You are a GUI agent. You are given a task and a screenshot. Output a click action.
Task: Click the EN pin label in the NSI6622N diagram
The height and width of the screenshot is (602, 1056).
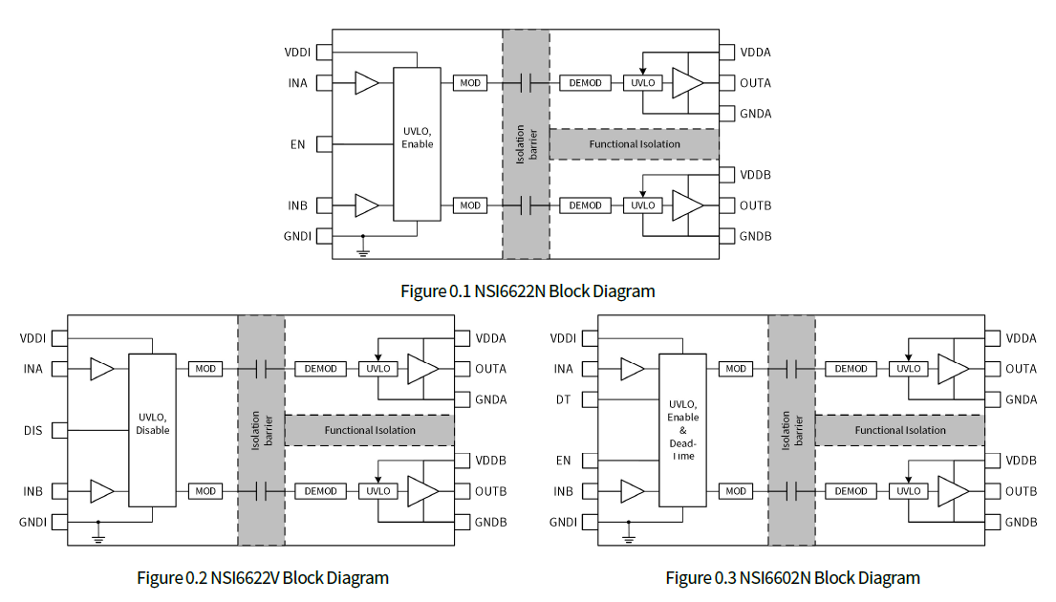coord(297,144)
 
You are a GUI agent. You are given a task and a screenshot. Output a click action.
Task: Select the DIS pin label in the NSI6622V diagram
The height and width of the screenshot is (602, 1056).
coord(33,430)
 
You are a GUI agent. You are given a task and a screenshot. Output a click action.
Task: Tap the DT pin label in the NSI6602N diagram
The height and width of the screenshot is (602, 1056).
coord(563,399)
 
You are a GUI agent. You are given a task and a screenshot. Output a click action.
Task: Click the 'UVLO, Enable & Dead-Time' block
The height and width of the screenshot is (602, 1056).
coord(683,430)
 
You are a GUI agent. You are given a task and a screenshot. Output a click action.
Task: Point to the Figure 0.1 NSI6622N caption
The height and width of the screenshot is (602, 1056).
coord(528,290)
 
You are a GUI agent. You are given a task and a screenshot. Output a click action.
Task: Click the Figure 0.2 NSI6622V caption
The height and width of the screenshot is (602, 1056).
coord(263,577)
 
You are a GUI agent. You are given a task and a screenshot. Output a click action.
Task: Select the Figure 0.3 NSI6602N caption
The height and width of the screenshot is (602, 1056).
coord(793,577)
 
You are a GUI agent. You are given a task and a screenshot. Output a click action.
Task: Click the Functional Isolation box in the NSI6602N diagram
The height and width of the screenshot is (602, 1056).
coord(899,430)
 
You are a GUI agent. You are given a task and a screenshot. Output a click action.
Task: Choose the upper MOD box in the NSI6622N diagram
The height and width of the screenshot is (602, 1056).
coord(470,83)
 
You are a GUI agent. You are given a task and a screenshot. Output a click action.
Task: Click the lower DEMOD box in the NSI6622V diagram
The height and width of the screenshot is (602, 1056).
coord(321,491)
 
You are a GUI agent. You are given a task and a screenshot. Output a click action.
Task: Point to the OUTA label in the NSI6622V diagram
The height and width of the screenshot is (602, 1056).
coord(491,369)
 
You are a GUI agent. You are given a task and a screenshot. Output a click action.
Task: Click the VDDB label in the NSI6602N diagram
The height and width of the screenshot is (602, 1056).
coord(1021,461)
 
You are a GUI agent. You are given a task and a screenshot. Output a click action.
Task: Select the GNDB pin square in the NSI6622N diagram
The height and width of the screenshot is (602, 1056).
coord(726,236)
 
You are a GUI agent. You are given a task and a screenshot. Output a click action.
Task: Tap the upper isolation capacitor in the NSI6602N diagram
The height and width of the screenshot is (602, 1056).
coord(791,369)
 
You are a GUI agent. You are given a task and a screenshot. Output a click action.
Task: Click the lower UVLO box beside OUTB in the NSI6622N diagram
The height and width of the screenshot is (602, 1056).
coord(643,205)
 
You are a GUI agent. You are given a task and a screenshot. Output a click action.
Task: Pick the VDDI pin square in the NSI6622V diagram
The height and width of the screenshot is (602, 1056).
coord(60,338)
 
